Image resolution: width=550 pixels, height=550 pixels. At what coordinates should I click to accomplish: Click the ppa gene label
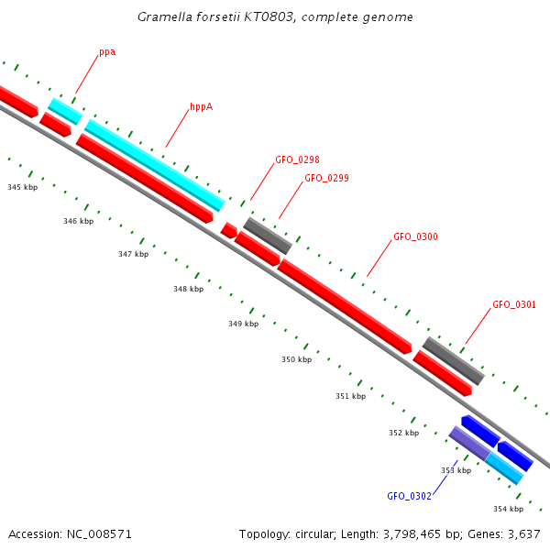coord(107,52)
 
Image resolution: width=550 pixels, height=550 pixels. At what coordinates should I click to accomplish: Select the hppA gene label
coord(202,107)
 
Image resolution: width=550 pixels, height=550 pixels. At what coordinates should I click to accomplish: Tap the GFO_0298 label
coord(297,159)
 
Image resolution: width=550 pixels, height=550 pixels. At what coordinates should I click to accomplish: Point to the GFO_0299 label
coord(326,178)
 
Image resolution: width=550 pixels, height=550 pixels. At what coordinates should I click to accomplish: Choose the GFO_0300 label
coord(415,236)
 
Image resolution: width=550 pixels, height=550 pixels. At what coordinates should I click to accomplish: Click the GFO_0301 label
coord(514,304)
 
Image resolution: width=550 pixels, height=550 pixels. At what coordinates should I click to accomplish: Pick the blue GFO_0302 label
coord(409,496)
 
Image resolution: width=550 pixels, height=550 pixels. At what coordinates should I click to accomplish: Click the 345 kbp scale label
coord(22,187)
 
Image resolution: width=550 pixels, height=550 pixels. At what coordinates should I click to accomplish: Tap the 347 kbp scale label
coord(133,254)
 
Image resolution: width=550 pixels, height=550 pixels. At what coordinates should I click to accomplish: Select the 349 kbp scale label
coord(243,324)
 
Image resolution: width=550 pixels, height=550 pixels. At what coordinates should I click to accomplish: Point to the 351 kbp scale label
coord(350,396)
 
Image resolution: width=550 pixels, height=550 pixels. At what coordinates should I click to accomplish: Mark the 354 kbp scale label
coord(508,509)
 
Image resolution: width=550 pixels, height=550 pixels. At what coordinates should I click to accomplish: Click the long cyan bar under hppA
coord(154,165)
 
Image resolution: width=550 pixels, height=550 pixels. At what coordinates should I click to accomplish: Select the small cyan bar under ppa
coord(64,112)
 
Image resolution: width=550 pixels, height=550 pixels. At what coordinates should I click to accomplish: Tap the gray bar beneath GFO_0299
coord(268,236)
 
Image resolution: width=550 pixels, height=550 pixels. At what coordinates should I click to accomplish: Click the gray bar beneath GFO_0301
coord(453,361)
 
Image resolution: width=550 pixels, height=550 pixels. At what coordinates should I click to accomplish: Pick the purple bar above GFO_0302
coord(468,443)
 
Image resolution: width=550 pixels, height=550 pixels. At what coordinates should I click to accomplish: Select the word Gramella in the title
coord(163,16)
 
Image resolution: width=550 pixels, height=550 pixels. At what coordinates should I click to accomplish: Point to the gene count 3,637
coord(522,533)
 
